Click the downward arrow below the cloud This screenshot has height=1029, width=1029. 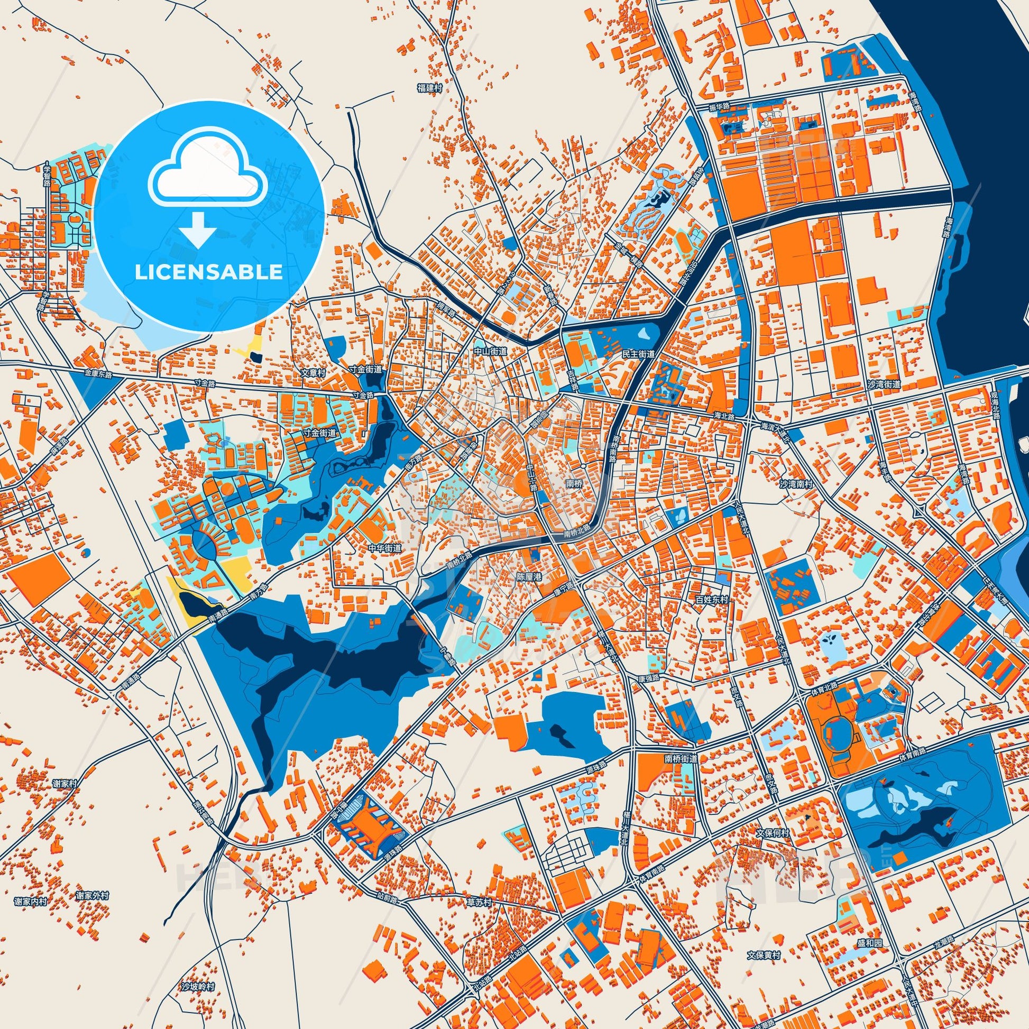click(x=197, y=229)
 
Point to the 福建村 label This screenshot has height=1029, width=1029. click(x=430, y=87)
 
